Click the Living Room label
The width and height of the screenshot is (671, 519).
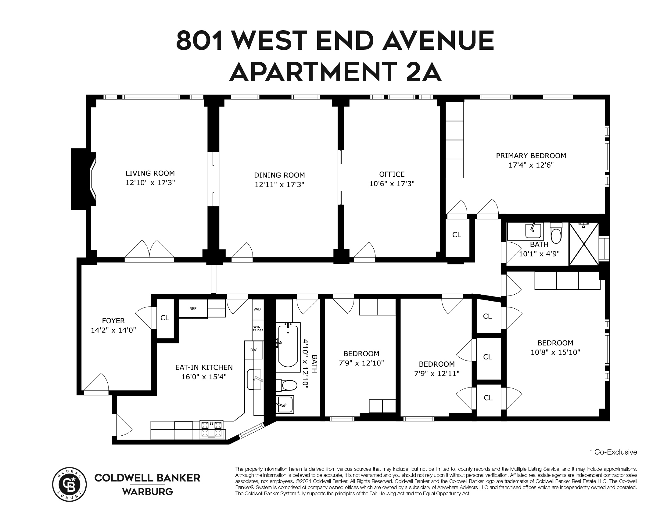150,173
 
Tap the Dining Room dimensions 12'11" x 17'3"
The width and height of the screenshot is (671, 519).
279,184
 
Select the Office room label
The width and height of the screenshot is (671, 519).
392,174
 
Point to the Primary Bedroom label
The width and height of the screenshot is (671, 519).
531,156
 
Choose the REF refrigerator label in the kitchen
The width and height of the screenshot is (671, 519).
193,309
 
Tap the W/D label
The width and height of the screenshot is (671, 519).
257,309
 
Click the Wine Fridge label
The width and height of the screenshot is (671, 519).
258,328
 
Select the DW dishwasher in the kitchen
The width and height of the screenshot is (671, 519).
253,350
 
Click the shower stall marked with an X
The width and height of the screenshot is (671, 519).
584,244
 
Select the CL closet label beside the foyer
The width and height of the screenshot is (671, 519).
165,318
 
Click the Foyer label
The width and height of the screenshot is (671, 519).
113,321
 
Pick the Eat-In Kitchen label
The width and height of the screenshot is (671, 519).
204,367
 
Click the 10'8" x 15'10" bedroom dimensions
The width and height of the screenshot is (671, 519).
555,352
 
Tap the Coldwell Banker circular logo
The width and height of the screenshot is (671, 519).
70,484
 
